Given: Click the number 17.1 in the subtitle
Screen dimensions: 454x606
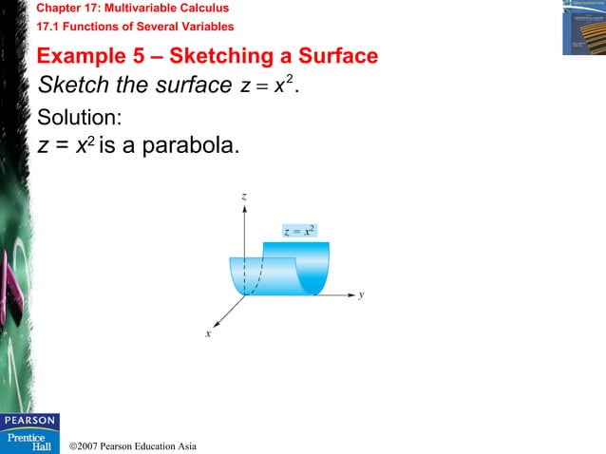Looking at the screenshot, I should click(49, 27).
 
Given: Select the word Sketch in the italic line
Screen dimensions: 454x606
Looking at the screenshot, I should click(69, 85).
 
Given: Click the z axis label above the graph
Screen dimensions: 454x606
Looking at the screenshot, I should click(245, 196).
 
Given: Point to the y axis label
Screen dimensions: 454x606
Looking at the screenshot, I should click(362, 295).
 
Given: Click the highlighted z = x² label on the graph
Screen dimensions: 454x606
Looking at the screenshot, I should click(300, 230).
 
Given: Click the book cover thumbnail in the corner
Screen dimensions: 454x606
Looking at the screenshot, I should click(583, 28).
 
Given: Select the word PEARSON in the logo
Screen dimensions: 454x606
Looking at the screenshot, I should click(29, 421).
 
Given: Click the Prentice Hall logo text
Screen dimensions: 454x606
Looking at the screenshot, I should click(29, 441).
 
